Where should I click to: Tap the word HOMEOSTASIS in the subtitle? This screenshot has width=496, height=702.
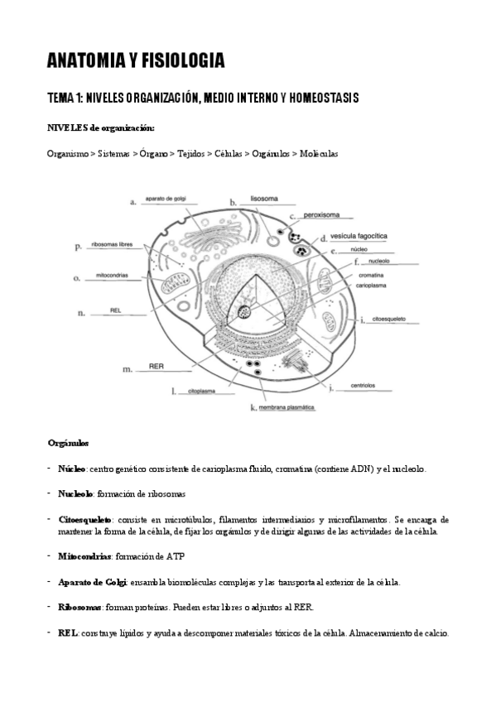(x=322, y=99)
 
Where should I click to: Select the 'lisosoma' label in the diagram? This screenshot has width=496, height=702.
(x=265, y=200)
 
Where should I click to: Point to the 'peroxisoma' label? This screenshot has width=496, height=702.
(x=317, y=215)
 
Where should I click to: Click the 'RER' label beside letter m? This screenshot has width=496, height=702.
(x=155, y=365)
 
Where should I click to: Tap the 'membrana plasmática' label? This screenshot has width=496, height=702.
(x=287, y=407)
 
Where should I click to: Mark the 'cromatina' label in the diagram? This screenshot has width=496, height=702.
(x=370, y=274)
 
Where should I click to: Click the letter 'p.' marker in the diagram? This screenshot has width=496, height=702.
(x=78, y=246)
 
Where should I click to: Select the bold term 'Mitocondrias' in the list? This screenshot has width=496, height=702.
(x=84, y=556)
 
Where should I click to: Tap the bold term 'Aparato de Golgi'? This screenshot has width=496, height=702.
(x=92, y=582)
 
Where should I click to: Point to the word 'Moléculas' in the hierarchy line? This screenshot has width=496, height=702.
(x=319, y=154)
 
